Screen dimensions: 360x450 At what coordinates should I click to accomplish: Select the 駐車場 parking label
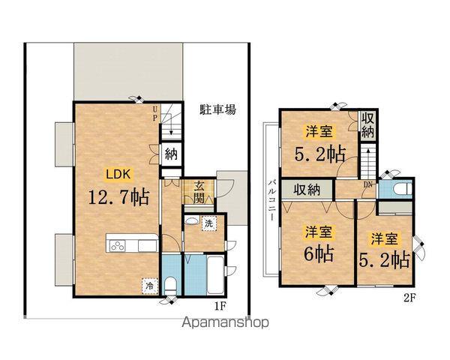218,109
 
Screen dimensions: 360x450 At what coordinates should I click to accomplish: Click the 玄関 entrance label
200,192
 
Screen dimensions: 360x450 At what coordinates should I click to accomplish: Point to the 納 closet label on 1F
171,155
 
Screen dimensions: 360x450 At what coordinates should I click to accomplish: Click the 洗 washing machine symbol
209,223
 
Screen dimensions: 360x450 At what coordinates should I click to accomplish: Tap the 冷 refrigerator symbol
148,284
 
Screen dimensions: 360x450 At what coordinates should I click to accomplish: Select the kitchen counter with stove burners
132,244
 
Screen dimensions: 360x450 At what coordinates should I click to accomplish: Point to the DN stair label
367,184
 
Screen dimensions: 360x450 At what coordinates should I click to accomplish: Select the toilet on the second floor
397,188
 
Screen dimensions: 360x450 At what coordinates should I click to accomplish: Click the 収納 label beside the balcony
307,189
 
